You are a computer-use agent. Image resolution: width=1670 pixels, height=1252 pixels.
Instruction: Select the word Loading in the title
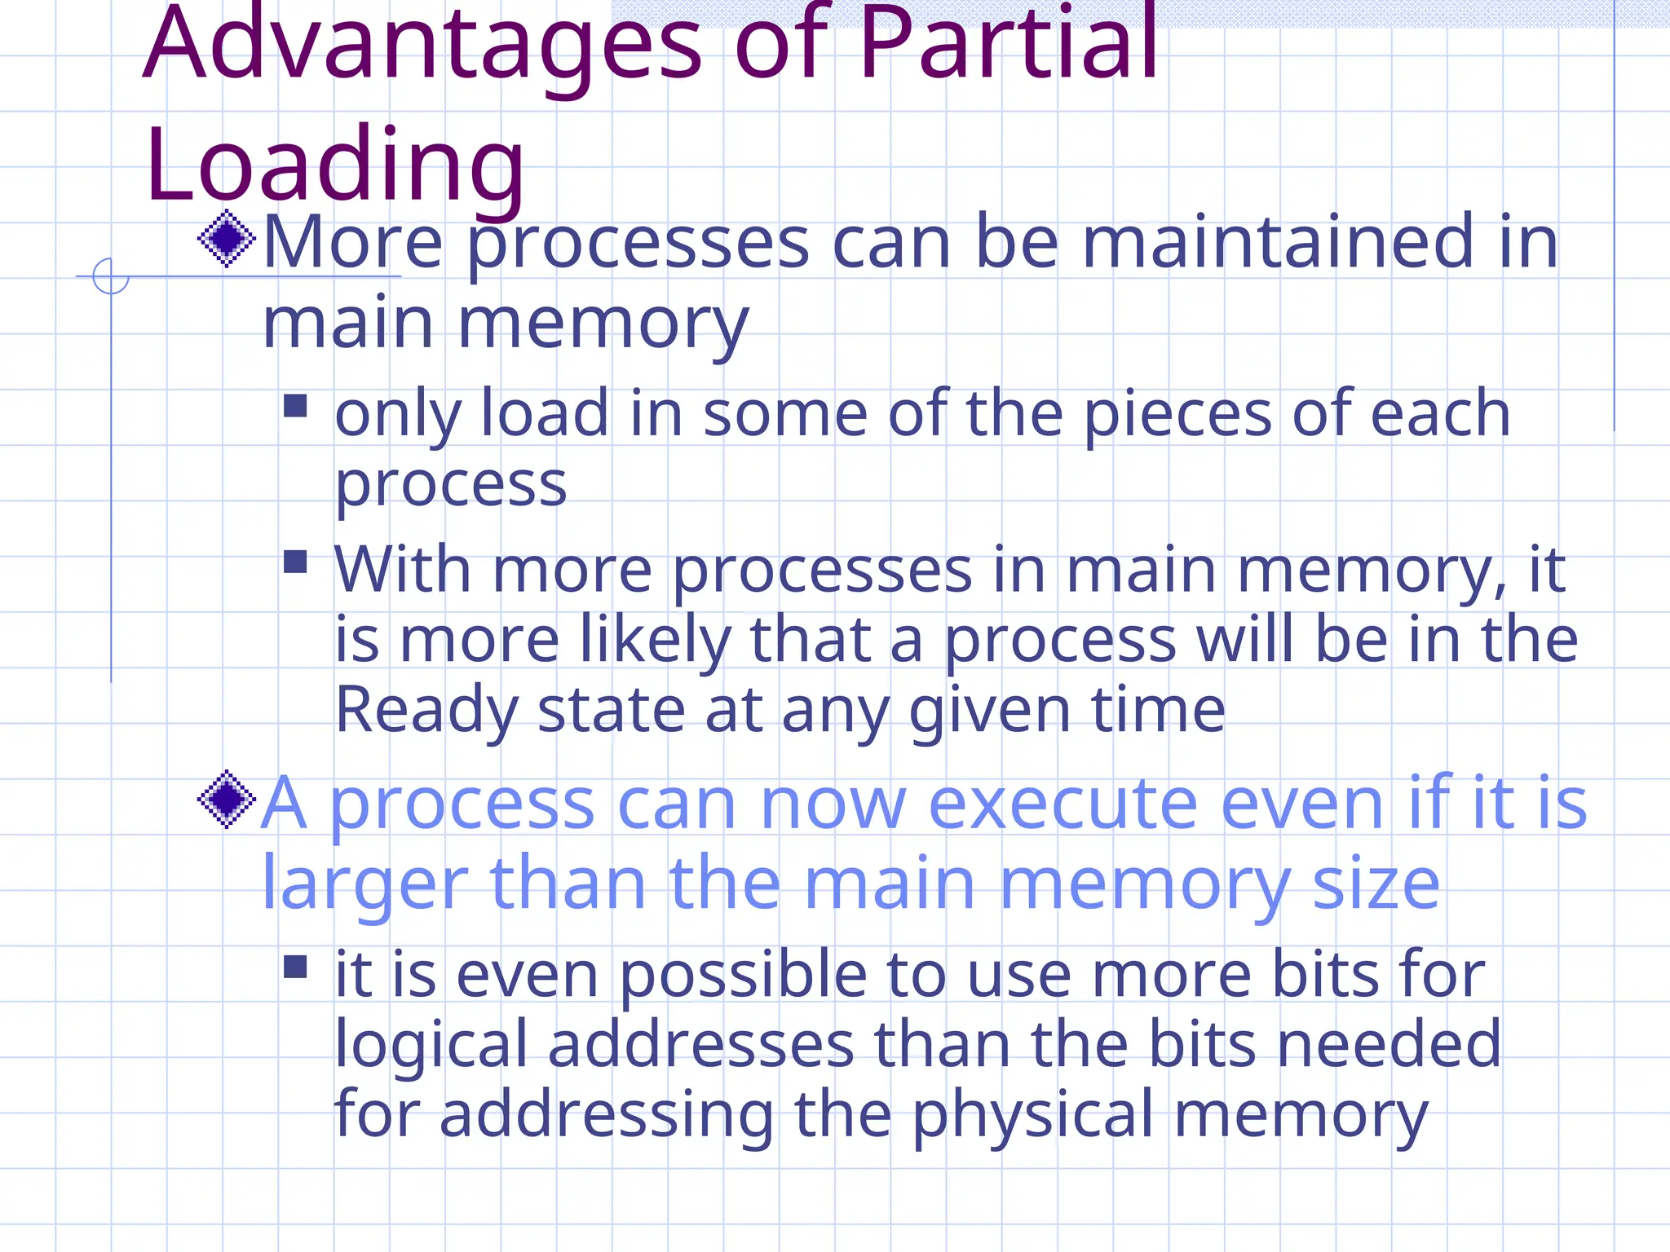334,167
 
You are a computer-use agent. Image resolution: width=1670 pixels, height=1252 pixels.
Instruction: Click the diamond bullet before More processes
227,239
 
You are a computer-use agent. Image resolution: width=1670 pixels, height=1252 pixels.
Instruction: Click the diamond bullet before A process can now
227,800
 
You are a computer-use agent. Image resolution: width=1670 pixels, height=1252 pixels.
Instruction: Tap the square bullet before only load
295,406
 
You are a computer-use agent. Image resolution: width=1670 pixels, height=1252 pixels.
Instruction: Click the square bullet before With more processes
295,562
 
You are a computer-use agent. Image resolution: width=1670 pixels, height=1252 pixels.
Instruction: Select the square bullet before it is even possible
295,967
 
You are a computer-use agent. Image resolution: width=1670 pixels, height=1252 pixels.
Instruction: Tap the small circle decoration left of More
111,276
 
